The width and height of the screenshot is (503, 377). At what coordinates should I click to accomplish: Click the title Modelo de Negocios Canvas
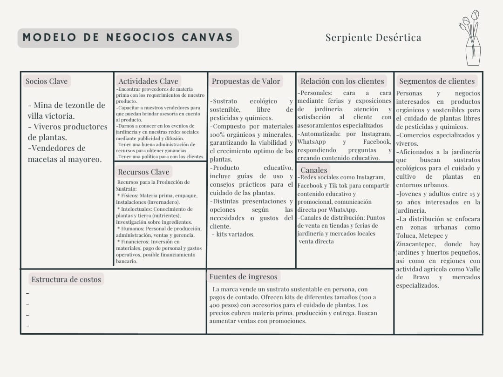(128, 38)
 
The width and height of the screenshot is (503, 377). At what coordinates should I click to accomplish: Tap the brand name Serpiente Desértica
(373, 38)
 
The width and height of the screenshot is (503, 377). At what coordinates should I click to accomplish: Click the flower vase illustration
(470, 38)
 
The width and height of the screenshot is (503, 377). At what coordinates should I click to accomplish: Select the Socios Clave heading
(47, 81)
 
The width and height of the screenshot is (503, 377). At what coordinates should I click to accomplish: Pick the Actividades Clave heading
(148, 81)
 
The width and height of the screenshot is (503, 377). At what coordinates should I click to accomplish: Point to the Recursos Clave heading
(143, 172)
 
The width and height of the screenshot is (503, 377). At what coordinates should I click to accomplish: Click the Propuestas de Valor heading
(246, 81)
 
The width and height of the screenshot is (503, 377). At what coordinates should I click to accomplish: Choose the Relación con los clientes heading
(342, 81)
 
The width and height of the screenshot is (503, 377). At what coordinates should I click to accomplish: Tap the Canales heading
(314, 170)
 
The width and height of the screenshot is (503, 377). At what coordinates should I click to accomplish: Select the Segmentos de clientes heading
(437, 81)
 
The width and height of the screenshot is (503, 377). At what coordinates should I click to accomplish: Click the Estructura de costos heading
(66, 279)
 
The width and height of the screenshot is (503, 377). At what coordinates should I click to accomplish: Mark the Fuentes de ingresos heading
(243, 277)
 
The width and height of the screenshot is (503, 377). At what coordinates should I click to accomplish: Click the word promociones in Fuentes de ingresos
(288, 321)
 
